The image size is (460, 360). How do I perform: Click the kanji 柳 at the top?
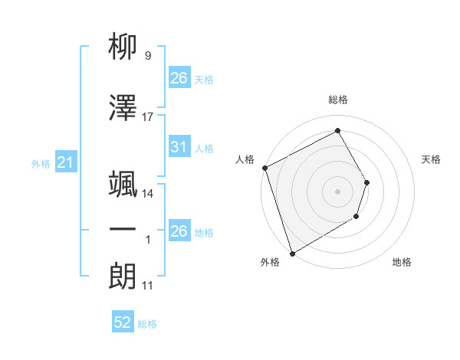click(x=123, y=48)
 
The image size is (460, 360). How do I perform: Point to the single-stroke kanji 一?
click(x=123, y=229)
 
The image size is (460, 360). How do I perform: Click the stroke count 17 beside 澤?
click(x=148, y=117)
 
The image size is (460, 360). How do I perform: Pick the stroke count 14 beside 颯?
click(x=148, y=193)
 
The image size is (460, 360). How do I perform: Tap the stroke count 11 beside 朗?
click(x=148, y=286)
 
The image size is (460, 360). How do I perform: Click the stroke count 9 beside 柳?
click(x=147, y=56)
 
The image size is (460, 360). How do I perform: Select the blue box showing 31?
click(x=179, y=147)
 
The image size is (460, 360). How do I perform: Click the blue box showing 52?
click(x=122, y=322)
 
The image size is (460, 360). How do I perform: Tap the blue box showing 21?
click(x=65, y=162)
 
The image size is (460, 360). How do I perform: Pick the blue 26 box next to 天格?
click(x=179, y=78)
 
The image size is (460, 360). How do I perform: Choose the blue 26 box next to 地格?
click(x=179, y=231)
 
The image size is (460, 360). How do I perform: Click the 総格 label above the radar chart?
click(x=338, y=100)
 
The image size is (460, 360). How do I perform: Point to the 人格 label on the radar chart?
click(x=245, y=159)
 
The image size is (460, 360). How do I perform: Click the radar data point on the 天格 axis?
click(x=367, y=182)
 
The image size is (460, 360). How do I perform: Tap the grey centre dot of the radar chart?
click(x=337, y=191)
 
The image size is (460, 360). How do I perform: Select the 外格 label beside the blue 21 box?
click(x=41, y=163)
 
